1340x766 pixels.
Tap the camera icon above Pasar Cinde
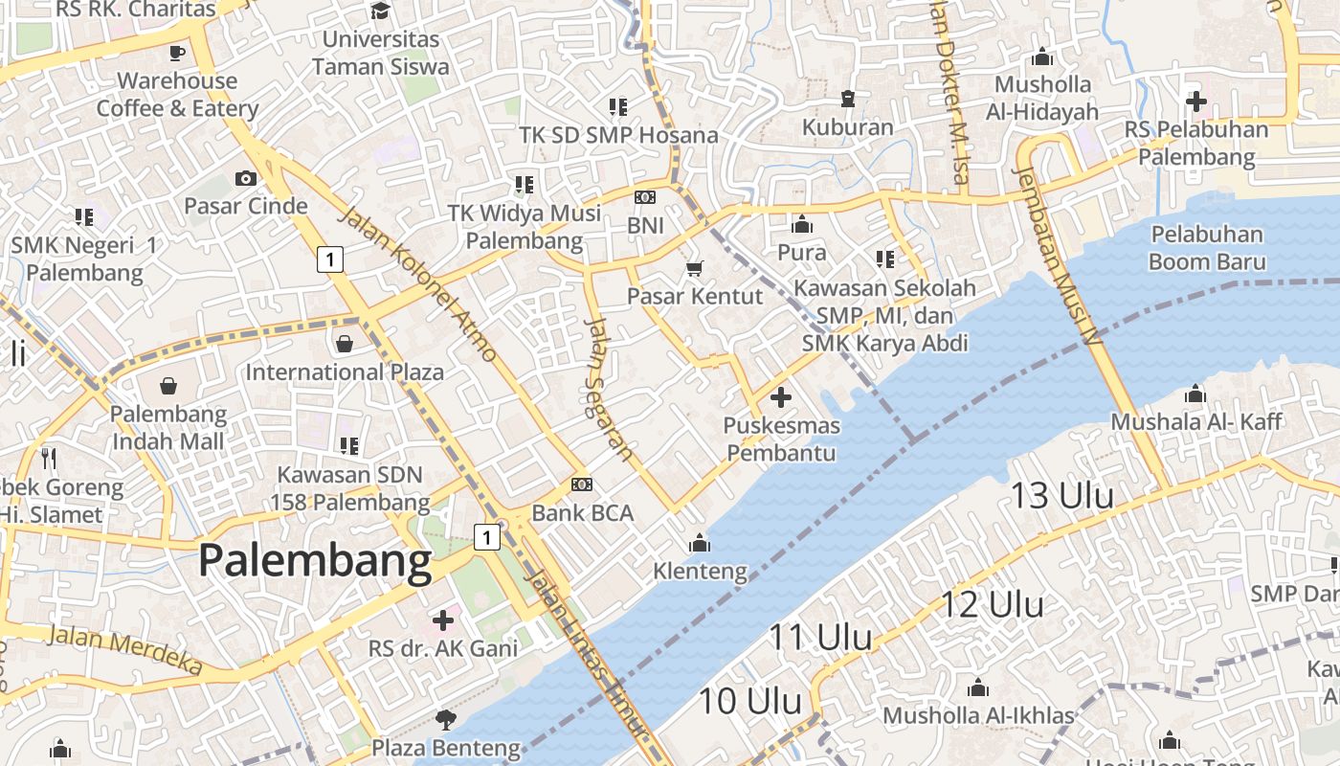pyautogui.click(x=246, y=178)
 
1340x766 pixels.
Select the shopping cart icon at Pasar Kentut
pyautogui.click(x=695, y=268)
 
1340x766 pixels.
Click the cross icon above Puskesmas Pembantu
pyautogui.click(x=781, y=396)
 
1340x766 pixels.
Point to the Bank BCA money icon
pyautogui.click(x=581, y=484)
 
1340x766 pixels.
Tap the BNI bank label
pyautogui.click(x=644, y=226)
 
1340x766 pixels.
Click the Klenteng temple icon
pyautogui.click(x=700, y=544)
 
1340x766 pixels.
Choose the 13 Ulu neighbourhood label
pyautogui.click(x=1062, y=495)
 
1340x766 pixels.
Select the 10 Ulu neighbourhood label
pyautogui.click(x=749, y=701)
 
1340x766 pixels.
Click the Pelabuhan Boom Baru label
pyautogui.click(x=1207, y=248)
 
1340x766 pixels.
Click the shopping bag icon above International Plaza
pyautogui.click(x=345, y=343)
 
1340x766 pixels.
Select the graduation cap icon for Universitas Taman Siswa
pyautogui.click(x=380, y=11)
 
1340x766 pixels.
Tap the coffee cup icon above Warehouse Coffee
pyautogui.click(x=177, y=53)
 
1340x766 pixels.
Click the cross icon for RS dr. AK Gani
pyautogui.click(x=443, y=620)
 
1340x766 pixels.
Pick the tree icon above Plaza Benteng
pyautogui.click(x=445, y=719)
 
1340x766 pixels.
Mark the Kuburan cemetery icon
pyautogui.click(x=847, y=98)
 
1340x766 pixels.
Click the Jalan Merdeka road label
pyautogui.click(x=125, y=650)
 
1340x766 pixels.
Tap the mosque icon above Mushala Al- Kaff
pyautogui.click(x=1195, y=394)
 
